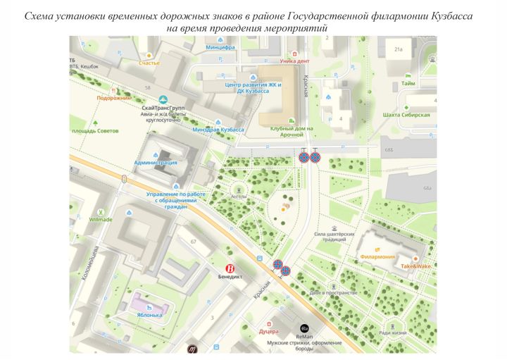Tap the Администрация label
coord(156,162)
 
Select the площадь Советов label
coord(95,131)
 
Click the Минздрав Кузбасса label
coord(218,130)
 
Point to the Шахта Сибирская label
coord(406,114)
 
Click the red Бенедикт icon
coord(229,268)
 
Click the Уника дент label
coord(294,61)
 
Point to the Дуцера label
coord(269,330)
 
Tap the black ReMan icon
coord(304,328)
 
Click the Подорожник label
coord(115,99)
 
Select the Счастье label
coord(149,63)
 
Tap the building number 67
coord(192,241)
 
